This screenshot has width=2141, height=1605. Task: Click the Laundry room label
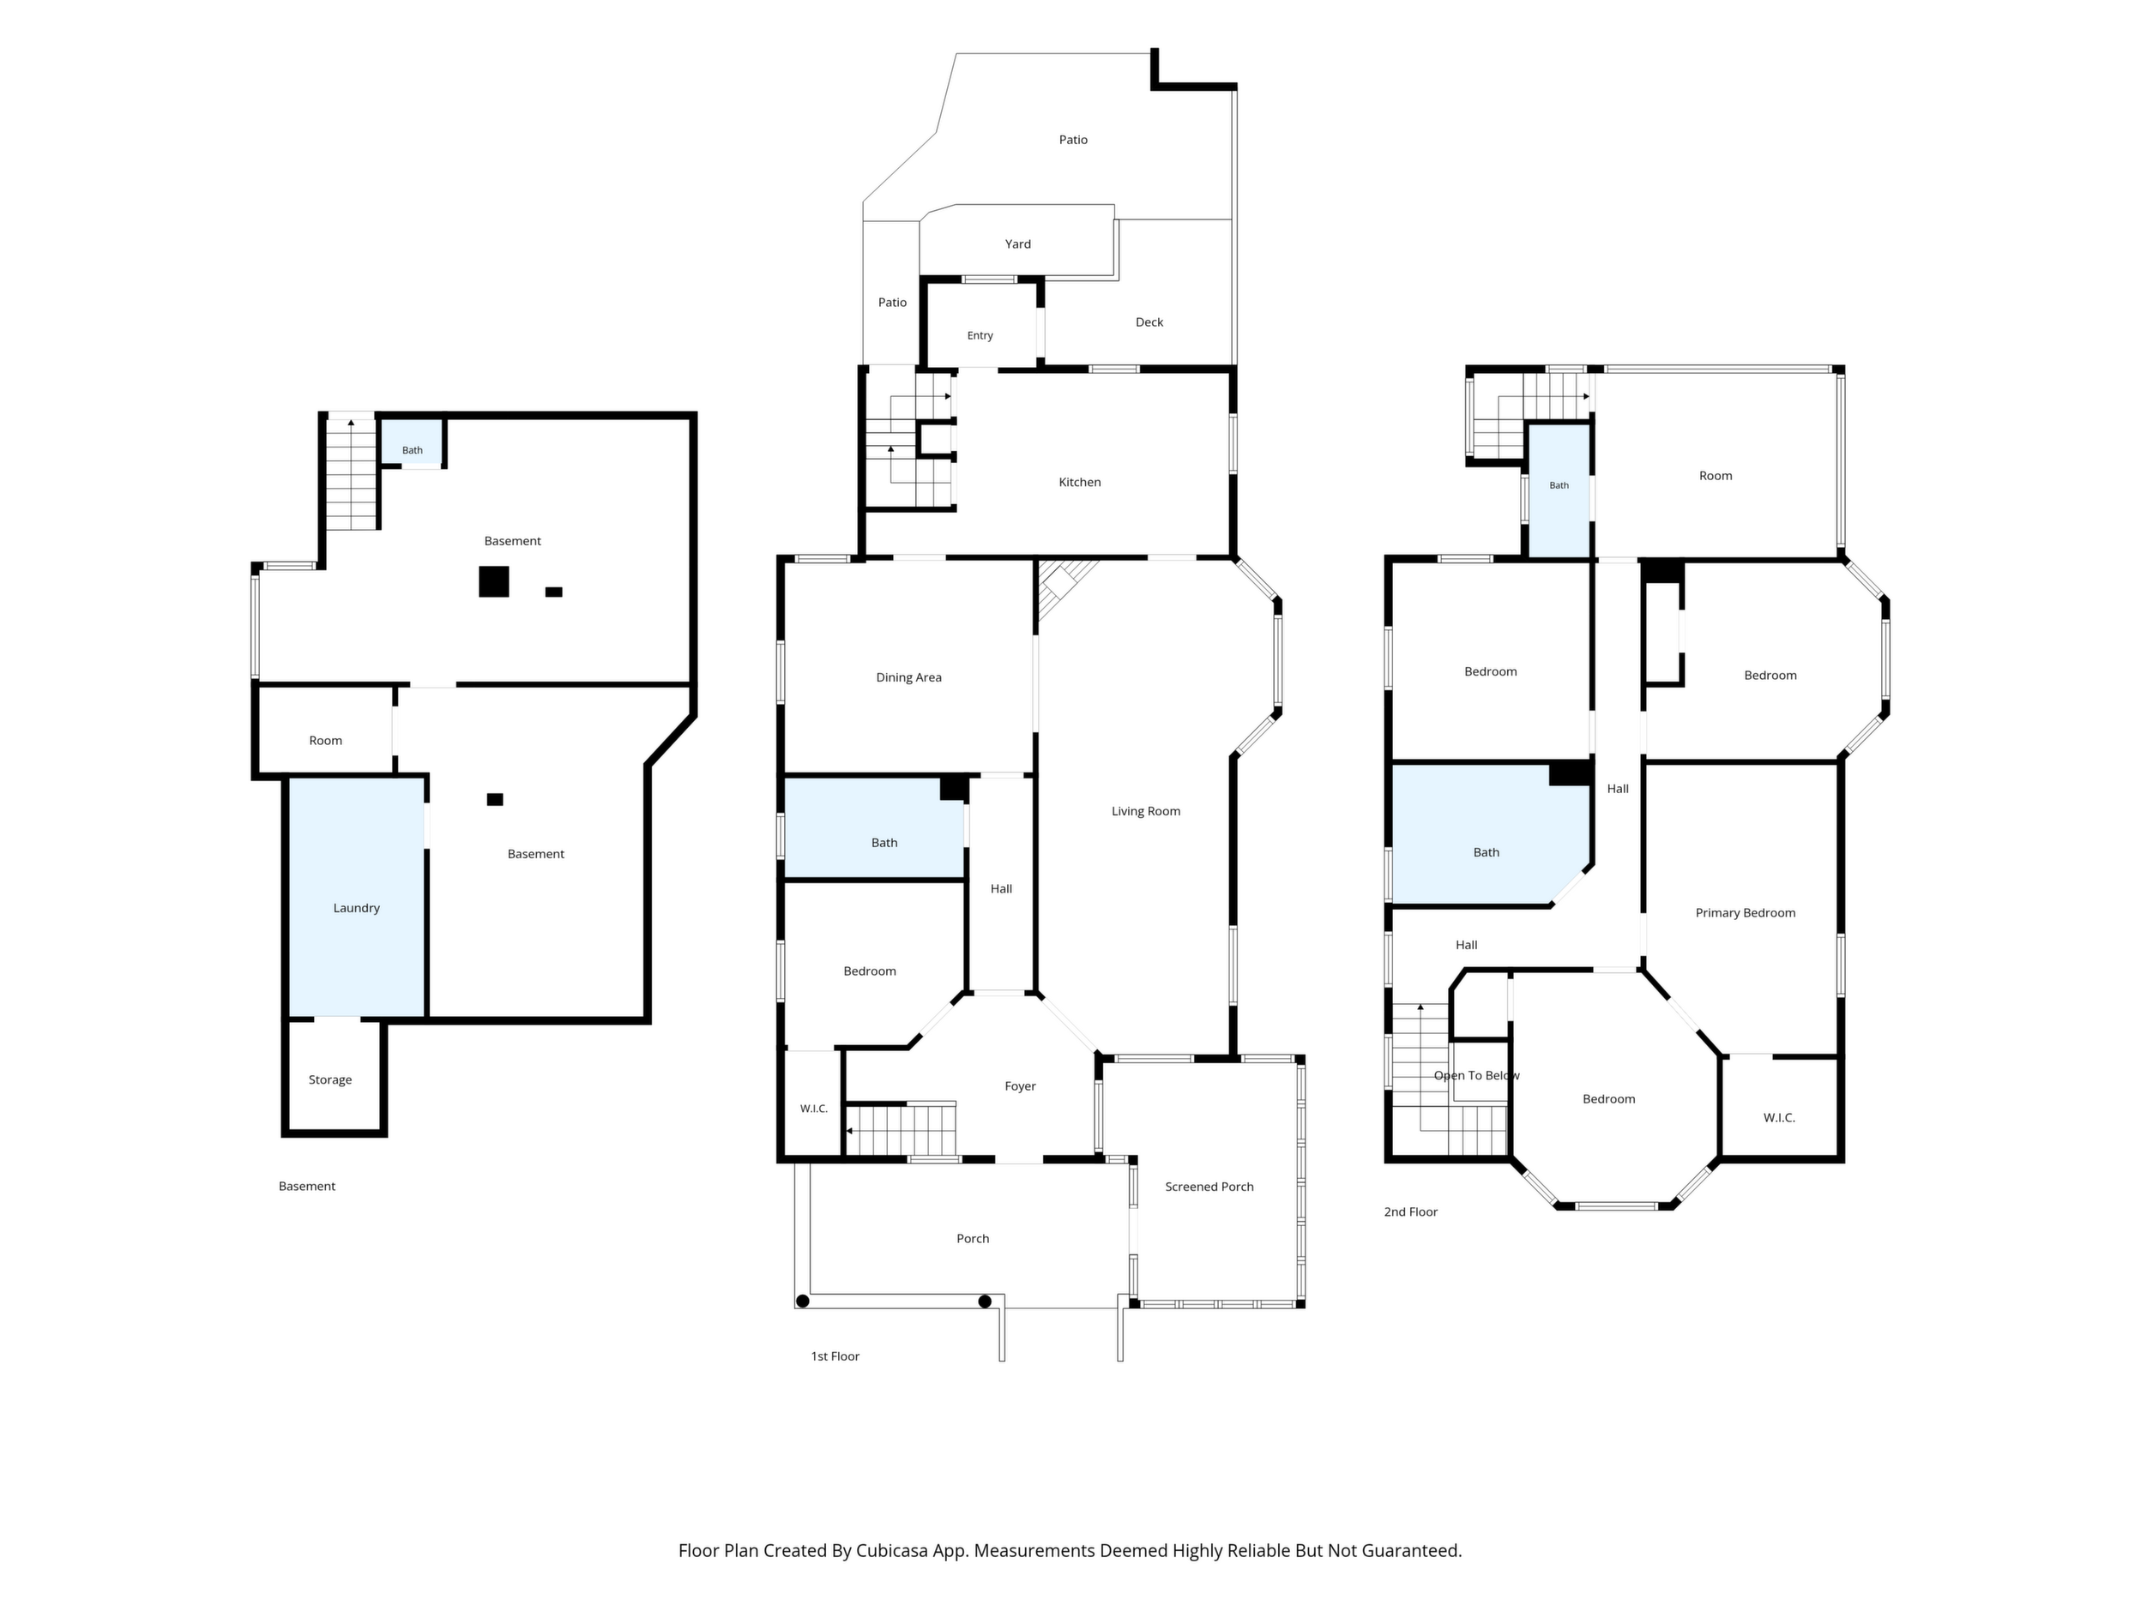pyautogui.click(x=356, y=907)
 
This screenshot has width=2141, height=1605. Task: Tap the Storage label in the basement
pyautogui.click(x=330, y=1079)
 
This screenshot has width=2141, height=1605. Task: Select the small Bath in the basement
pyautogui.click(x=413, y=450)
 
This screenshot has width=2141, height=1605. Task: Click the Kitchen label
pyautogui.click(x=1079, y=482)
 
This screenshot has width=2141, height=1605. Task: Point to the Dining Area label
pyautogui.click(x=909, y=677)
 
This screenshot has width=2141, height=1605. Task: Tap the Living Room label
pyautogui.click(x=1146, y=811)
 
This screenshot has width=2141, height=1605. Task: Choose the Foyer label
pyautogui.click(x=1020, y=1086)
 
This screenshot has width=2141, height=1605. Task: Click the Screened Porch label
pyautogui.click(x=1209, y=1186)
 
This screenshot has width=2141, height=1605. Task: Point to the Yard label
pyautogui.click(x=1017, y=243)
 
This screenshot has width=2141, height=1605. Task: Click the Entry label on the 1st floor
pyautogui.click(x=980, y=336)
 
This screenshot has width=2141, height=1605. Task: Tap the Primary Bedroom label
pyautogui.click(x=1745, y=912)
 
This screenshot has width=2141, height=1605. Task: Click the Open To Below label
pyautogui.click(x=1476, y=1075)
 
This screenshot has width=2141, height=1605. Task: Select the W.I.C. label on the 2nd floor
pyautogui.click(x=1779, y=1117)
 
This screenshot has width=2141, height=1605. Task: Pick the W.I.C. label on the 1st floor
pyautogui.click(x=814, y=1109)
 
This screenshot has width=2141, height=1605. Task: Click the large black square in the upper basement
pyautogui.click(x=493, y=581)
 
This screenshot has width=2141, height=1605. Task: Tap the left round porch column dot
pyautogui.click(x=802, y=1301)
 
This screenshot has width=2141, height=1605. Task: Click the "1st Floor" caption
pyautogui.click(x=835, y=1356)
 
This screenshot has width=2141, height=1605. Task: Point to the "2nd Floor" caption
pyautogui.click(x=1410, y=1211)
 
